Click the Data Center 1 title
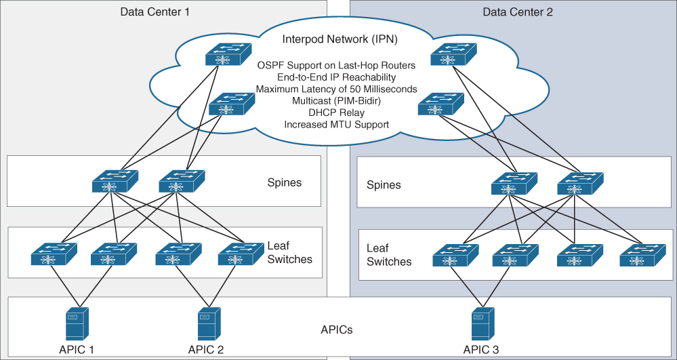pos(155,12)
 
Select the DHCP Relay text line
pos(336,113)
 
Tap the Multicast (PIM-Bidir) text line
pos(336,101)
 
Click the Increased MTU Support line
pos(336,125)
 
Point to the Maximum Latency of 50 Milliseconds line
pos(336,89)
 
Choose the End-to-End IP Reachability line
pos(336,77)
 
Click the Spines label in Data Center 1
pos(285,182)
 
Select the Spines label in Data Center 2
pos(384,184)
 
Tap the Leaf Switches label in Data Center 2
pos(389,255)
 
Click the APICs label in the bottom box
pos(336,330)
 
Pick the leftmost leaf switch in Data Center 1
pos(54,254)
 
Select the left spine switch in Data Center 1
pos(115,180)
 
